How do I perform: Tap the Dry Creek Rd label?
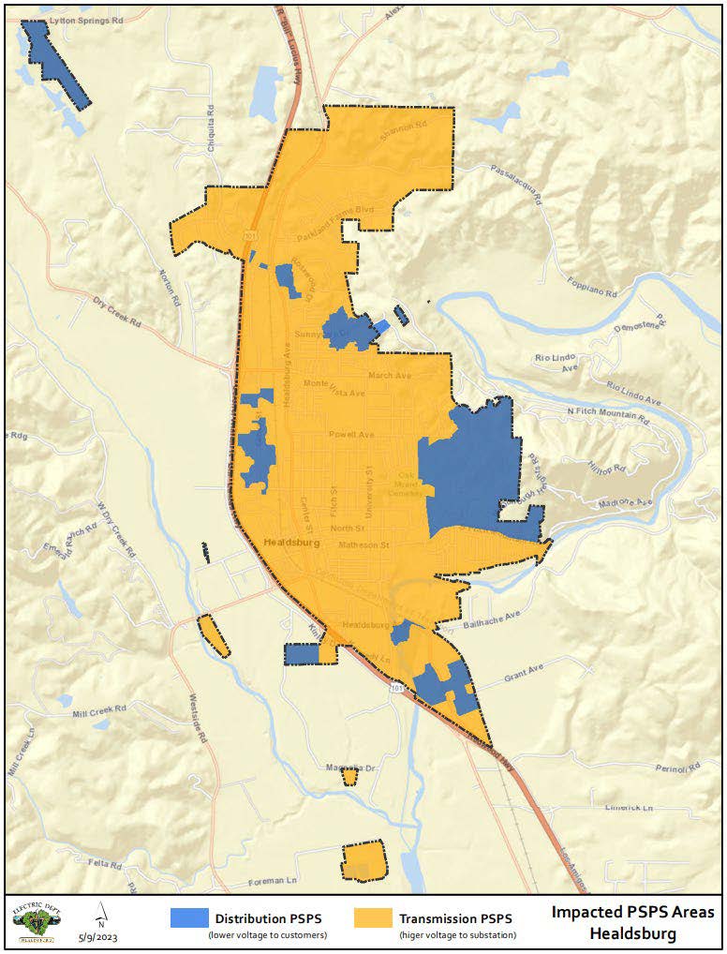tap(115, 311)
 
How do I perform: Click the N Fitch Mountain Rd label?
tap(608, 415)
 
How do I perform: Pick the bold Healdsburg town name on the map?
tap(293, 543)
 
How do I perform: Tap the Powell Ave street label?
tap(351, 435)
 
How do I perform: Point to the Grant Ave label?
tap(525, 675)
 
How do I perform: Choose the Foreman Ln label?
tap(274, 882)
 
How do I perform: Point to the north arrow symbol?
tap(100, 915)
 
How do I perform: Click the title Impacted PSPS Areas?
tap(632, 912)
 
